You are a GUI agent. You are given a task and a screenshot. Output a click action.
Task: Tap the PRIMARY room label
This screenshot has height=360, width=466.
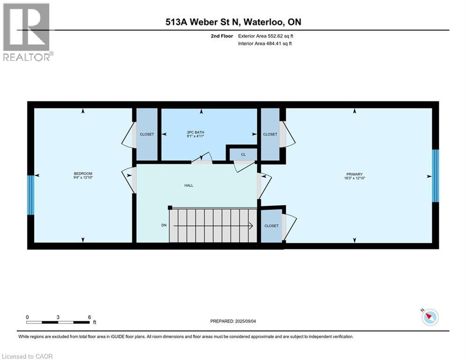(x=355, y=174)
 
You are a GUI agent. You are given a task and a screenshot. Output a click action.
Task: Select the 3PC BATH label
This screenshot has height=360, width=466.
(x=195, y=132)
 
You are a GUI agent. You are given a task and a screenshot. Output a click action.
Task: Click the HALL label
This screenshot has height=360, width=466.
(x=188, y=185)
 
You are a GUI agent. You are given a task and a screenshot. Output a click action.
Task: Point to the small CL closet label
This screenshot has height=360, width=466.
(x=243, y=154)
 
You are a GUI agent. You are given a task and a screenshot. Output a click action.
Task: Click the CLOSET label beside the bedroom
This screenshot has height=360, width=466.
(x=147, y=135)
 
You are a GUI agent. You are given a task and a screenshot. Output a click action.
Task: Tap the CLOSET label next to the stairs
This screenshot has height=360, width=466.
(x=271, y=226)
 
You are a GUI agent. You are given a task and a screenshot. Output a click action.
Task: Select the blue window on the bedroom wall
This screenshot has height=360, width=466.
(x=31, y=195)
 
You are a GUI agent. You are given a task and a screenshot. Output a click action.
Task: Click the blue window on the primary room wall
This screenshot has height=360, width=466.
(x=435, y=176)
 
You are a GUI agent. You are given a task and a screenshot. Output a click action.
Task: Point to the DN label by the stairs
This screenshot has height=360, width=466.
(x=164, y=225)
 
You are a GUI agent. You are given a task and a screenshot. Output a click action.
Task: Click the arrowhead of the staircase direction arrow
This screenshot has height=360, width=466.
(x=251, y=226)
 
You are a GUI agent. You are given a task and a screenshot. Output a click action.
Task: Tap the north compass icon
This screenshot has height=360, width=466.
(x=429, y=317)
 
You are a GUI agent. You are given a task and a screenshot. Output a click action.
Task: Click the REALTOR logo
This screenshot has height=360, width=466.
(x=27, y=32)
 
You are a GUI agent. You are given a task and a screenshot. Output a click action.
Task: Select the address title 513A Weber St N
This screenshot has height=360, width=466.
(x=233, y=22)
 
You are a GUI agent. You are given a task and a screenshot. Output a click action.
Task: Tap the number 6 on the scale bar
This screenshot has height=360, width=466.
(x=89, y=317)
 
